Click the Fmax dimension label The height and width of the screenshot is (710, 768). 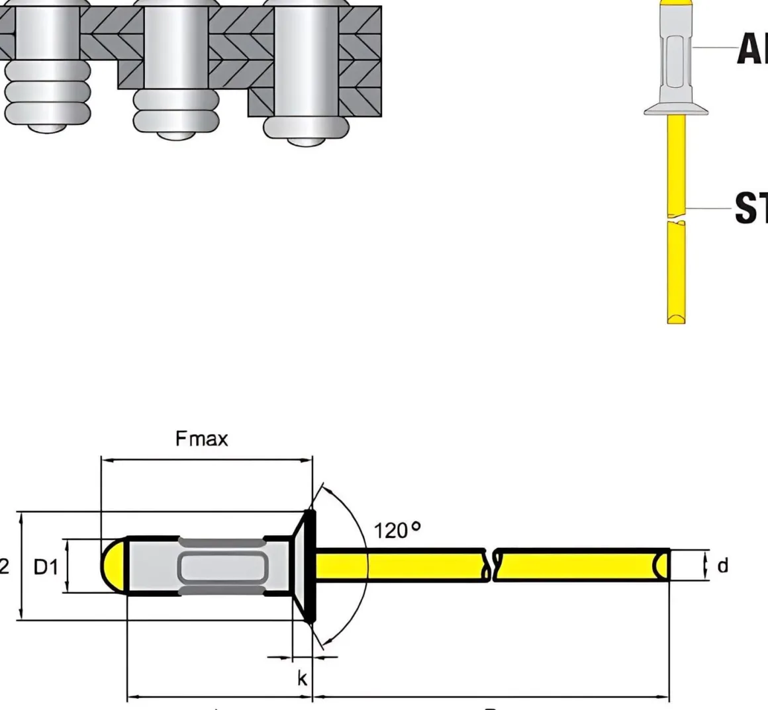tap(201, 439)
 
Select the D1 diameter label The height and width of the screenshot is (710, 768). tap(46, 566)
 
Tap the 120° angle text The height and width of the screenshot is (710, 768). tap(397, 530)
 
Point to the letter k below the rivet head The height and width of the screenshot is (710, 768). tap(302, 678)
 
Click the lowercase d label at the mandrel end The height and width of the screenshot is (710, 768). tap(722, 566)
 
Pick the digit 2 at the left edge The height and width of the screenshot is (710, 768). tap(5, 566)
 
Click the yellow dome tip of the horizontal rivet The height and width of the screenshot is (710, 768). tap(113, 566)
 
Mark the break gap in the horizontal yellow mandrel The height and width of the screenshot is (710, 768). tap(492, 566)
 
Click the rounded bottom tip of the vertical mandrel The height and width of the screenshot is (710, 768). tap(676, 319)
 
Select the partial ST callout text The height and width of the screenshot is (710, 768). tap(751, 208)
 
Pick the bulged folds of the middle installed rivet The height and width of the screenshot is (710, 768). tap(176, 110)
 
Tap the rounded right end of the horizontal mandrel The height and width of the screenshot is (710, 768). tap(661, 566)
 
